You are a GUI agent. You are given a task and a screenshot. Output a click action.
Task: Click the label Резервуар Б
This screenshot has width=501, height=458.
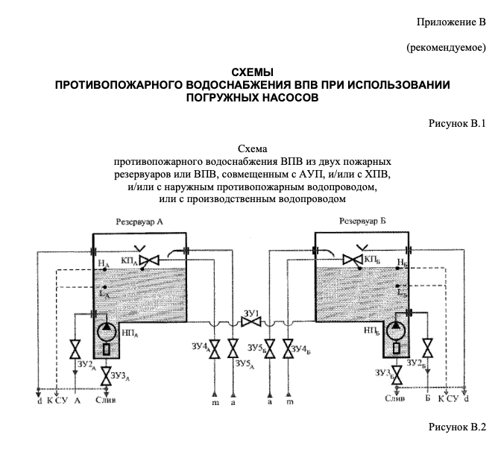[363, 222]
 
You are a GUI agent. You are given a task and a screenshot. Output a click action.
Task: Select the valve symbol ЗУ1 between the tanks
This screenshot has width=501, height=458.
[250, 321]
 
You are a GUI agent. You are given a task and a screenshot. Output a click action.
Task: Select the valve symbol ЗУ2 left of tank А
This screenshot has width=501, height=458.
[75, 349]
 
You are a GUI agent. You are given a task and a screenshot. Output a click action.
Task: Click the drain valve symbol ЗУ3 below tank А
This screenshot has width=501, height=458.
[107, 373]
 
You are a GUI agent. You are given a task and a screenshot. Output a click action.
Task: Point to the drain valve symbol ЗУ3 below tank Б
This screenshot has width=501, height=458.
[396, 374]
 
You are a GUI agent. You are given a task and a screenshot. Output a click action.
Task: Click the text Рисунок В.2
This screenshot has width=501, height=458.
[456, 427]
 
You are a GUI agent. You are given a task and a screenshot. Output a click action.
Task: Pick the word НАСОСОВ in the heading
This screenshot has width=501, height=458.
[286, 97]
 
